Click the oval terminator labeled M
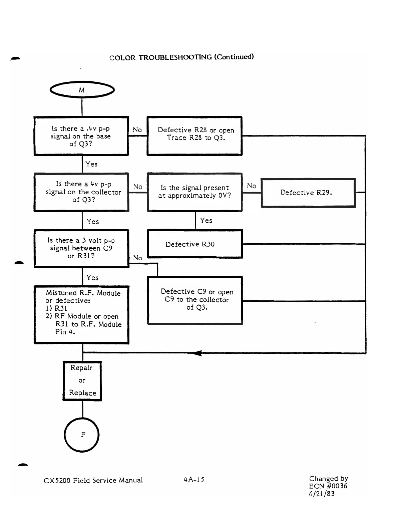(82, 90)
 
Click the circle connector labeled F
(82, 435)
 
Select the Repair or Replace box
(82, 381)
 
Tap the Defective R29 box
(308, 193)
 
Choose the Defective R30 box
(195, 244)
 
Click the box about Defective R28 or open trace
(194, 136)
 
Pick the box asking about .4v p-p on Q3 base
(81, 136)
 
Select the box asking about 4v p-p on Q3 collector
(81, 192)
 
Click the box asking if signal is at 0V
(194, 192)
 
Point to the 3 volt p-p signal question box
(81, 248)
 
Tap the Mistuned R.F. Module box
(81, 314)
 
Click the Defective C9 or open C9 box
(195, 300)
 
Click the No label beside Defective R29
(252, 186)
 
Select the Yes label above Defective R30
(206, 220)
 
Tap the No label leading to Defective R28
(137, 129)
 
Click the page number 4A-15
(194, 480)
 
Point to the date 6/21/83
(322, 494)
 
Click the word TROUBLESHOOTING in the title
(175, 57)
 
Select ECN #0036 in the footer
(328, 486)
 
